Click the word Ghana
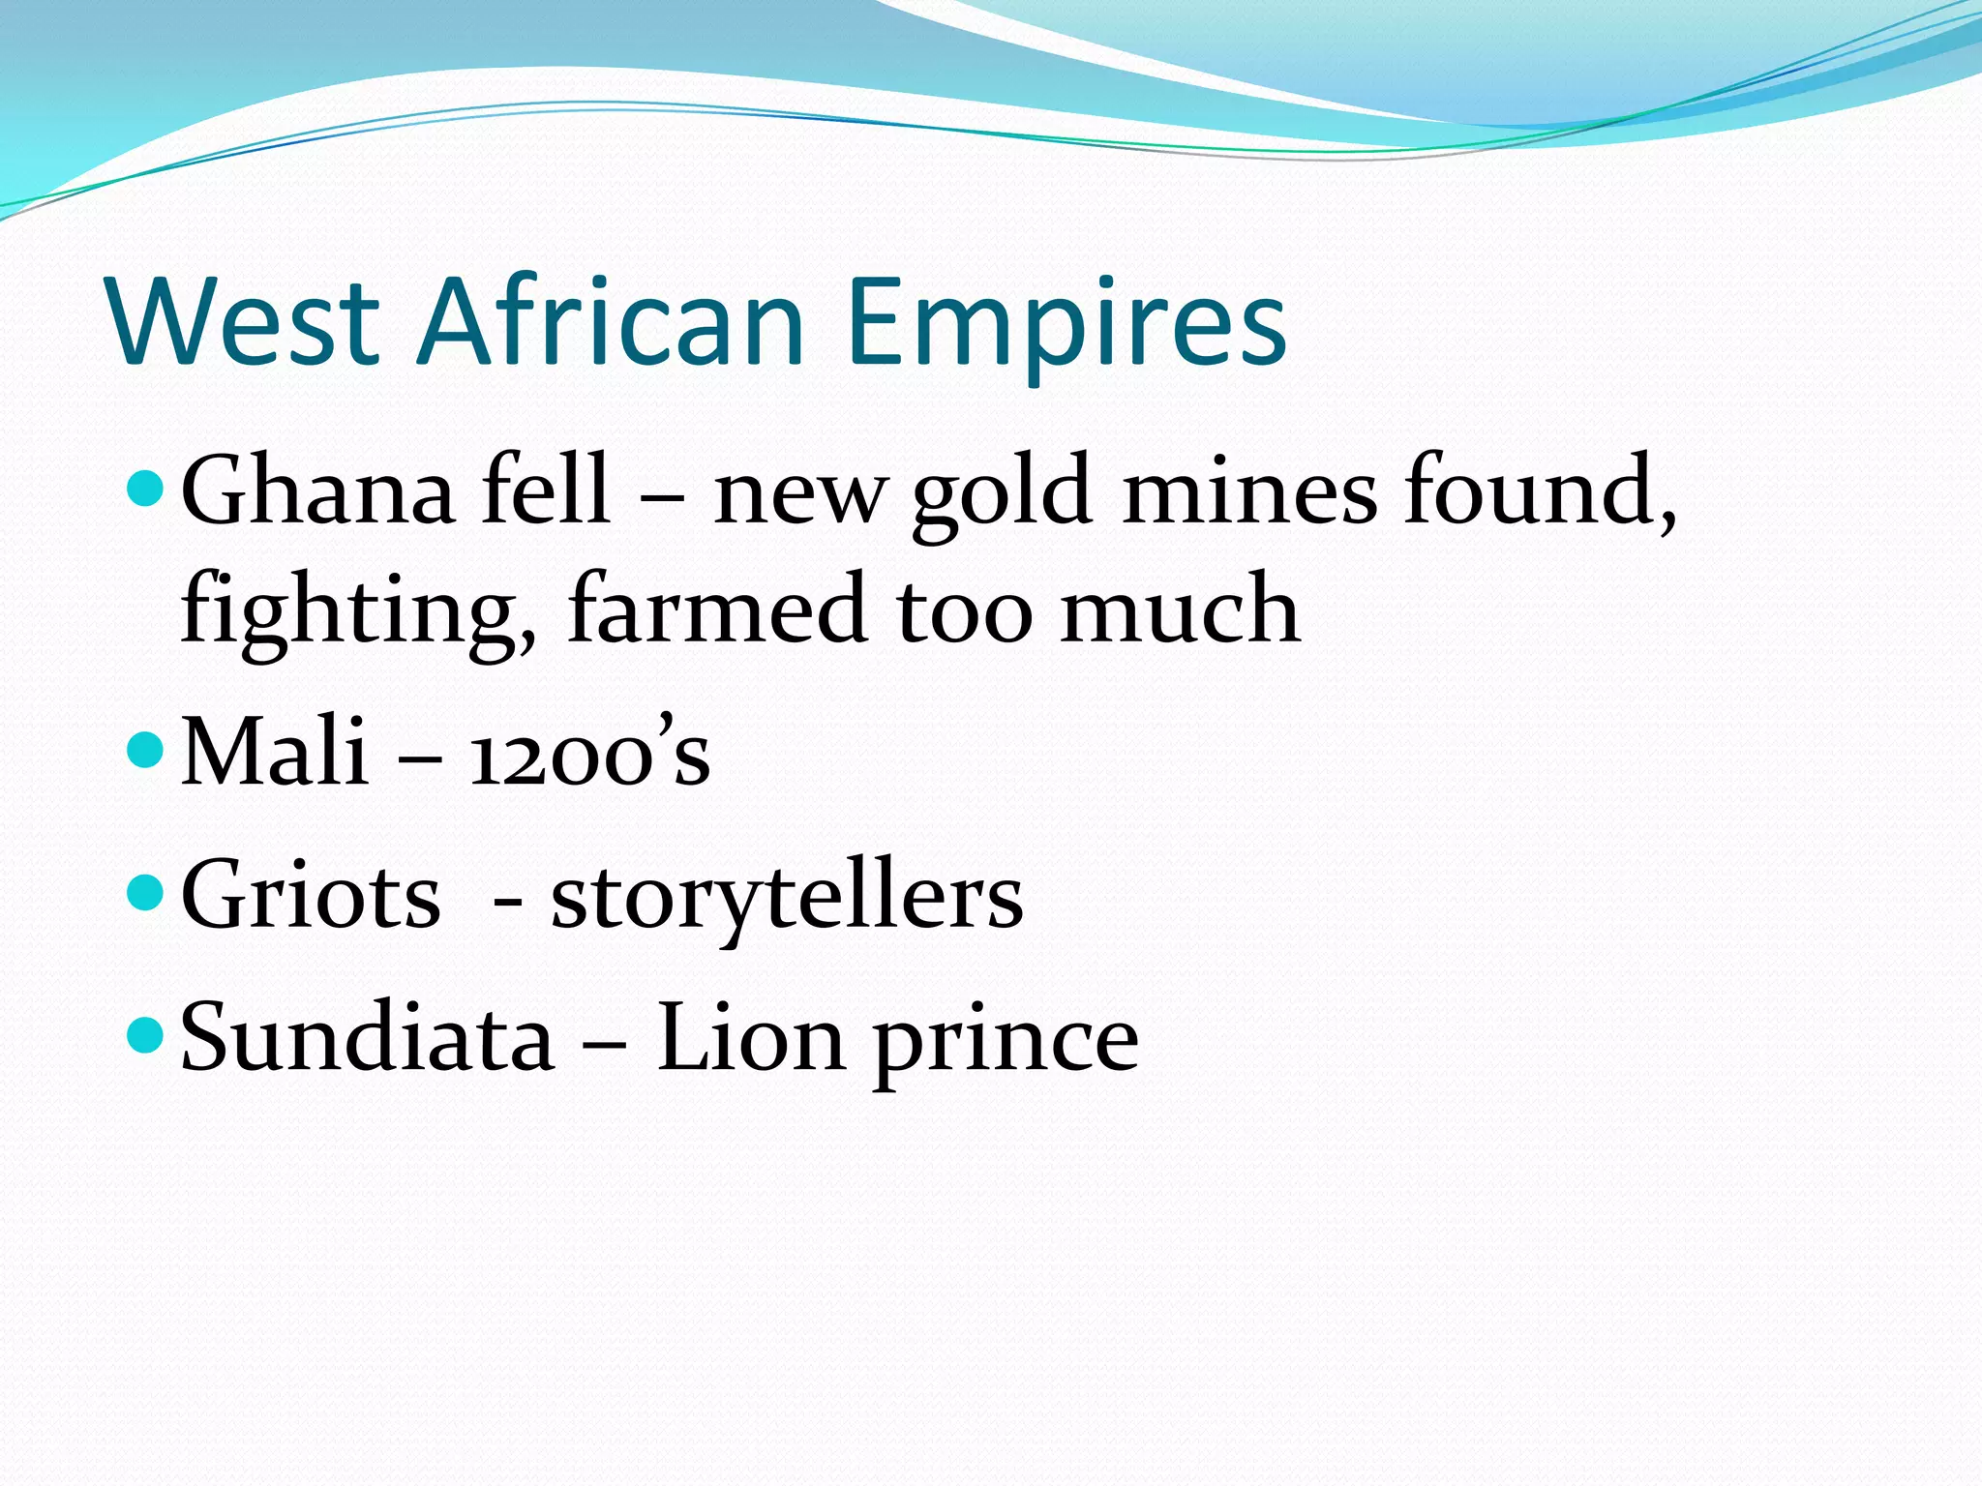(317, 491)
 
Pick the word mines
(1248, 491)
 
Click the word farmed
(717, 609)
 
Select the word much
(1179, 609)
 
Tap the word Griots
(311, 896)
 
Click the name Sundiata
(368, 1038)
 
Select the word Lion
(751, 1038)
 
